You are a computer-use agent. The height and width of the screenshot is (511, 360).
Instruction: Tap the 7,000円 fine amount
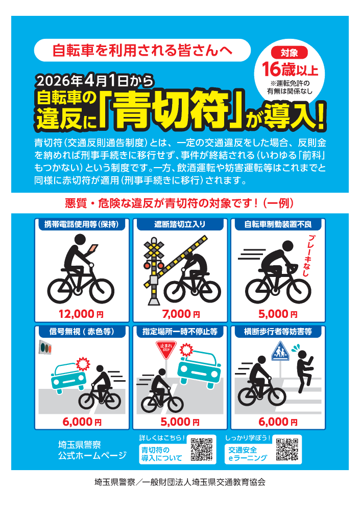click(178, 314)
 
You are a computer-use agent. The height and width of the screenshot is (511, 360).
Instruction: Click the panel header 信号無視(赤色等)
click(82, 332)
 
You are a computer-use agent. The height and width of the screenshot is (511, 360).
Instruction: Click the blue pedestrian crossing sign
click(279, 353)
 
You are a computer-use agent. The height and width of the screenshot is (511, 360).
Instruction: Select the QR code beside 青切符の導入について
click(201, 450)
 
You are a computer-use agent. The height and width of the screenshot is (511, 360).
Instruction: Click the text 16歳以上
click(290, 68)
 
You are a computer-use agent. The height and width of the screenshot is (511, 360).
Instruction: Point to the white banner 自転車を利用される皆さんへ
click(142, 50)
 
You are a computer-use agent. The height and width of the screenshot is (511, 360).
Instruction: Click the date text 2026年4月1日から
click(91, 80)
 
